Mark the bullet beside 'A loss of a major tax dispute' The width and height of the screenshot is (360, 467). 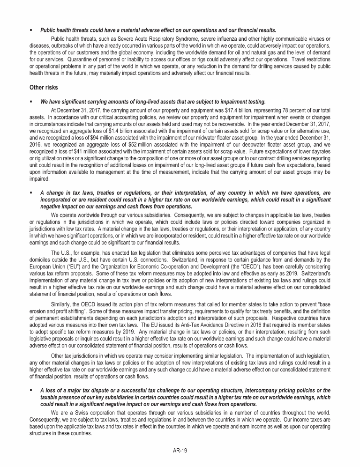point(30,390)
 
